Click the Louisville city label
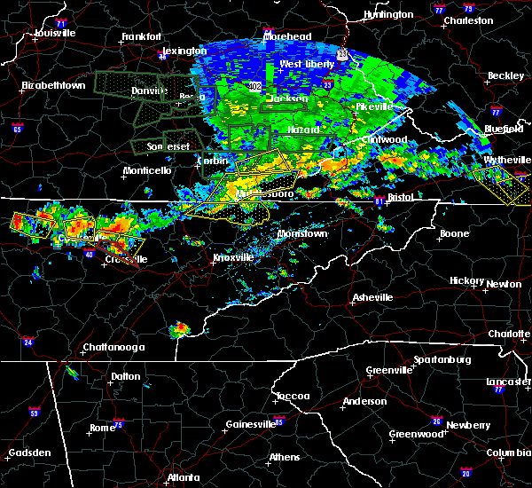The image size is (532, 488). [55, 33]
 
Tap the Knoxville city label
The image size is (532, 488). [232, 257]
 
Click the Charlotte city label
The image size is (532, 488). [509, 334]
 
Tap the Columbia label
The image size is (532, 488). [509, 453]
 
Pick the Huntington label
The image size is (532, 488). [387, 14]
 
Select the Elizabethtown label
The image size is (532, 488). [53, 85]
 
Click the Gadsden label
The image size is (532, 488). [29, 453]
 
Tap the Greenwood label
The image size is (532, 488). [417, 435]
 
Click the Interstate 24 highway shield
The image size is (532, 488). [27, 342]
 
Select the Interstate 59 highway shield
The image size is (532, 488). [35, 413]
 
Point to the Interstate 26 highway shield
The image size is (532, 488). [435, 421]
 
